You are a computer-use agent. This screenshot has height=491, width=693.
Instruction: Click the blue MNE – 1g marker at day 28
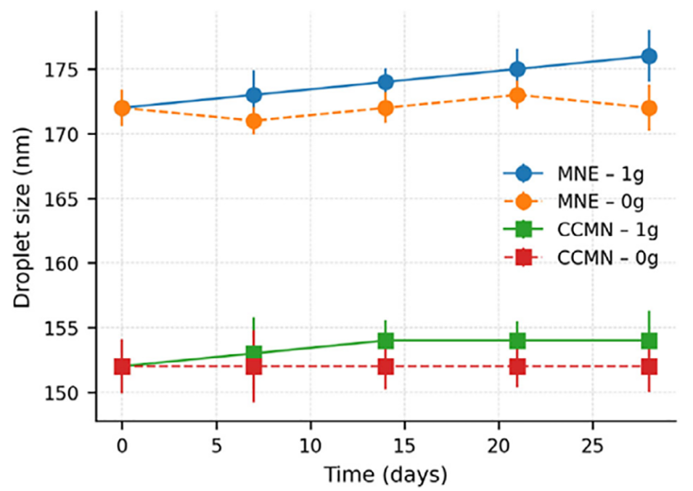click(649, 56)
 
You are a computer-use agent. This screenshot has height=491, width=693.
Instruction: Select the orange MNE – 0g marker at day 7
click(253, 121)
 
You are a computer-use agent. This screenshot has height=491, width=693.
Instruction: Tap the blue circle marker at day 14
click(385, 82)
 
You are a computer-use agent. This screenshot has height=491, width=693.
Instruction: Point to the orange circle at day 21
click(517, 95)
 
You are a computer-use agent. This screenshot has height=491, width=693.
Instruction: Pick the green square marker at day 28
click(649, 341)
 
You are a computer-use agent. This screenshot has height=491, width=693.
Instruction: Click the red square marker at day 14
click(385, 366)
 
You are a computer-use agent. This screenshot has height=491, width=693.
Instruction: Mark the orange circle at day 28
click(649, 108)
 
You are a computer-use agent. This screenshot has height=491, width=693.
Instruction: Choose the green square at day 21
click(517, 341)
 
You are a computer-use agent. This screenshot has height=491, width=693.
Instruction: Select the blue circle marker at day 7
click(253, 95)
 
